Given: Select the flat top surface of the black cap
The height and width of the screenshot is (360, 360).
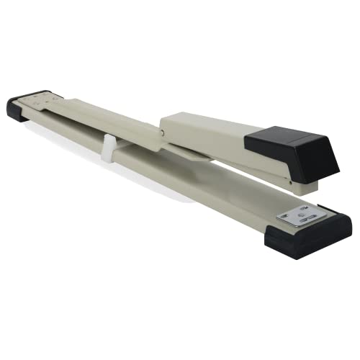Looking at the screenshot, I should click(288, 135).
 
